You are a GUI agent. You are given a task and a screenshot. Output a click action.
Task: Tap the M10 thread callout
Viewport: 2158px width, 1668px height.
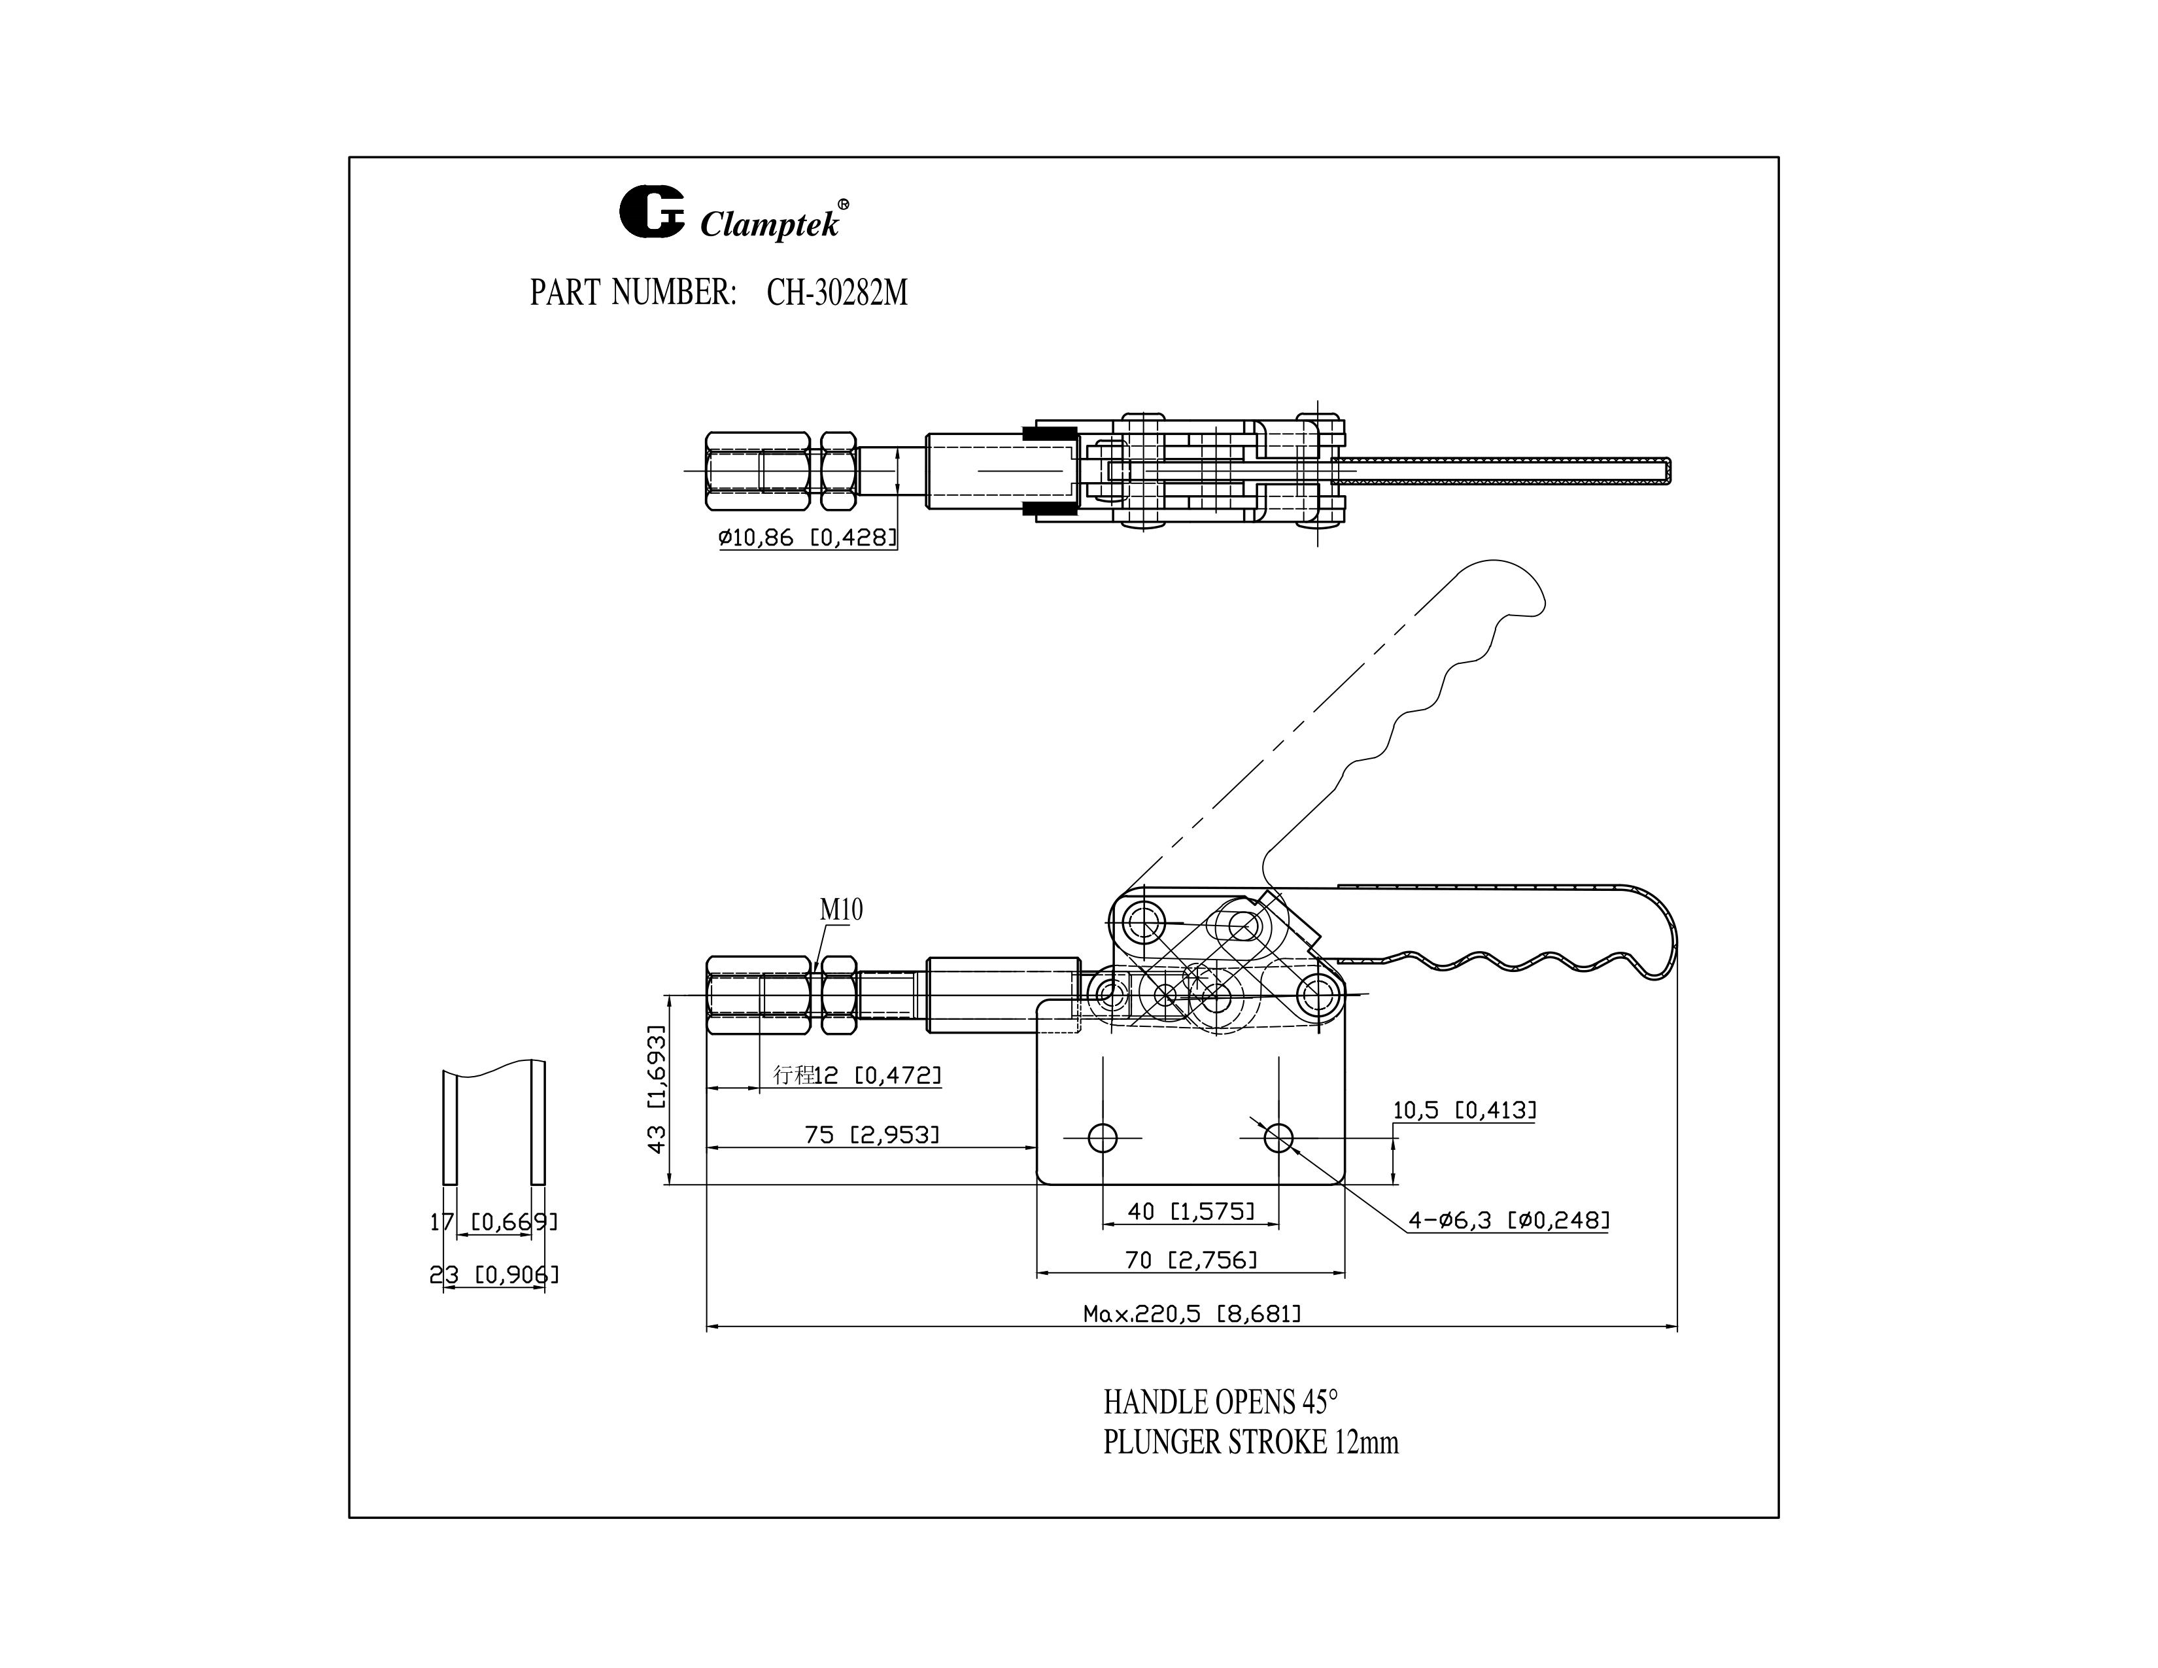point(841,910)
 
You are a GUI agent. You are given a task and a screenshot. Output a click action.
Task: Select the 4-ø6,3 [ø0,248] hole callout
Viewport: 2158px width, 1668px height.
point(1509,1221)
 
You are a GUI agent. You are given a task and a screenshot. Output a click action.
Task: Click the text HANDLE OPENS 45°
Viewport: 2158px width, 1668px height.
point(1220,1402)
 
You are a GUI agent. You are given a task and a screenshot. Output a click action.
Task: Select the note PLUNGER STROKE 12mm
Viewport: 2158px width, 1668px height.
point(1250,1443)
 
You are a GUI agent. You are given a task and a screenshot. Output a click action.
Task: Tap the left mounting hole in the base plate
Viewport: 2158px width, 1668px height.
point(1103,1138)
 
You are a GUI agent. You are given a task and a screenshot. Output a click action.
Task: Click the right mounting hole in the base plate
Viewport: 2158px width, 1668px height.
point(1278,1138)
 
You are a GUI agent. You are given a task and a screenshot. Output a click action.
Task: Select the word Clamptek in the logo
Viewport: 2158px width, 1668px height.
point(770,225)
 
